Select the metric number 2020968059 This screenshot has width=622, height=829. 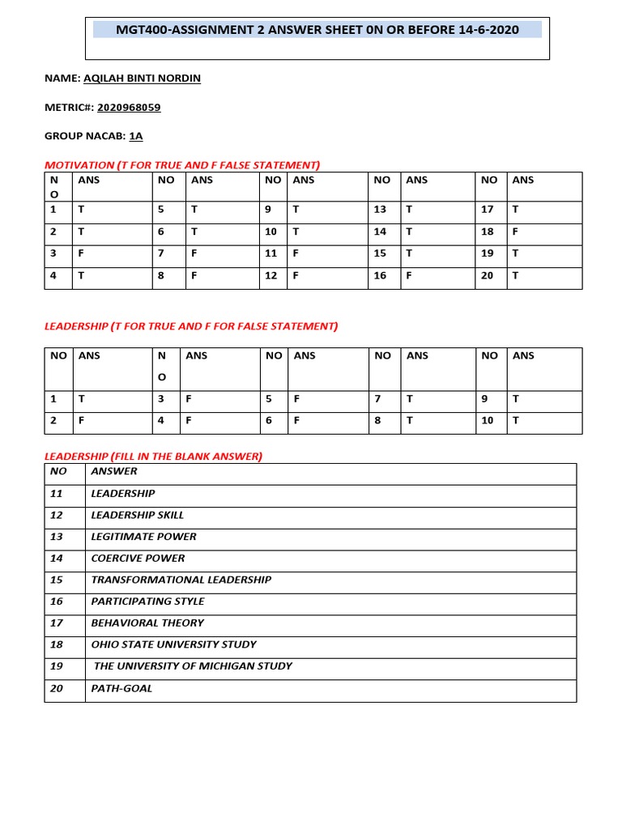click(x=134, y=107)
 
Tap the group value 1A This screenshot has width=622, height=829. click(x=136, y=136)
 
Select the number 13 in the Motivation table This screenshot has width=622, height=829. click(x=380, y=209)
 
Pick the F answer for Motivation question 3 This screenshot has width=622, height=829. click(x=80, y=253)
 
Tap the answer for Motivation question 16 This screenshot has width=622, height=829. click(x=409, y=275)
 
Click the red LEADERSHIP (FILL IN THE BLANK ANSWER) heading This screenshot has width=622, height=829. click(x=153, y=457)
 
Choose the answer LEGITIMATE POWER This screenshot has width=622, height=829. click(x=143, y=536)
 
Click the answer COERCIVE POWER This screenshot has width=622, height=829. click(x=138, y=558)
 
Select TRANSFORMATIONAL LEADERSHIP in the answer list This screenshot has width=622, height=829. click(x=181, y=580)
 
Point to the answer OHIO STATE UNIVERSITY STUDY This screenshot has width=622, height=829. click(x=173, y=644)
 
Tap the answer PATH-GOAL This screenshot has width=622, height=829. click(x=121, y=688)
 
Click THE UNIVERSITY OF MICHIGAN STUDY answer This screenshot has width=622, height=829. click(x=193, y=666)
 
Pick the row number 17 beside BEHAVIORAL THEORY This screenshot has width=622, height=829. click(x=57, y=623)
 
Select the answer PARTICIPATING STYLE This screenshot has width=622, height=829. click(x=147, y=601)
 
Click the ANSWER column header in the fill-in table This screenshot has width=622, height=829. click(x=114, y=471)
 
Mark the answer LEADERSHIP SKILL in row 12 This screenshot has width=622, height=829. click(x=137, y=515)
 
